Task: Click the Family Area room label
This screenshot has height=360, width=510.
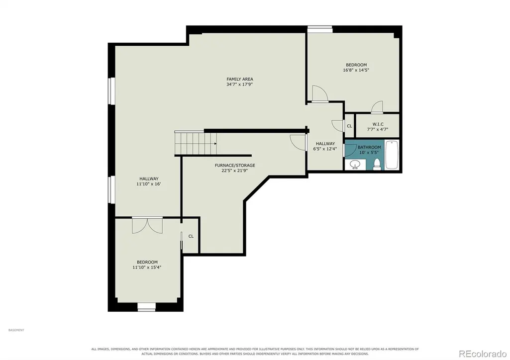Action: [240, 79]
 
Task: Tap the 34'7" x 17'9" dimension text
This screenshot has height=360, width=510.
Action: [240, 85]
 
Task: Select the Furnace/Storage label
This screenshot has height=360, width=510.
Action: [235, 166]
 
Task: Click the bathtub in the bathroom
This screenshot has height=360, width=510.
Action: [392, 155]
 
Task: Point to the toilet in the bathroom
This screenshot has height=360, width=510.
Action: [377, 164]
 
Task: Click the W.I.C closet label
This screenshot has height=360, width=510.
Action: [378, 124]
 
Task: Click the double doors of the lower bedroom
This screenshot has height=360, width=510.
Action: [147, 225]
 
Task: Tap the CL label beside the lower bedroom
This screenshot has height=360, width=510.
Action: [191, 236]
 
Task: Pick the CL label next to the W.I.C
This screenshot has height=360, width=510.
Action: [349, 126]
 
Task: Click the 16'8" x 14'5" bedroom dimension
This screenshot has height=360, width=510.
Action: [356, 70]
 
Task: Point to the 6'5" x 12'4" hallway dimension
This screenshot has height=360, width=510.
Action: [325, 149]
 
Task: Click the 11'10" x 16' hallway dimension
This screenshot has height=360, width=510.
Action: [149, 184]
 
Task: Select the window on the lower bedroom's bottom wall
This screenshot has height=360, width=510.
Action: [146, 307]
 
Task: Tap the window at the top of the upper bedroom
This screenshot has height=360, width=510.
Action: [320, 29]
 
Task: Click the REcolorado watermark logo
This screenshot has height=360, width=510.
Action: [482, 353]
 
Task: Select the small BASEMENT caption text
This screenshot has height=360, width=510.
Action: [16, 330]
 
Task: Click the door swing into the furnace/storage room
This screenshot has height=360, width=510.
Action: [298, 142]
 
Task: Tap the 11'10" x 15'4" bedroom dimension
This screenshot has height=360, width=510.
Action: [147, 268]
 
